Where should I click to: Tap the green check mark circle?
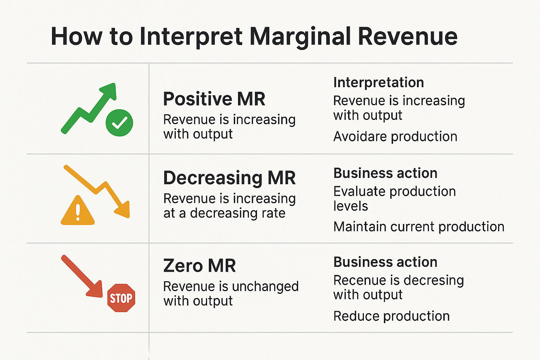120,123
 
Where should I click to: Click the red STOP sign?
121,298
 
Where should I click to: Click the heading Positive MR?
214,99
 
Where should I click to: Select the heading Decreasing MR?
229,178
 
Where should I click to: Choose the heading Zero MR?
199,266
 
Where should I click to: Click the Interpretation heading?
378,83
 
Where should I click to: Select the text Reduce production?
391,316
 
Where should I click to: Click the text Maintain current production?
419,227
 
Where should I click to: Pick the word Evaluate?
359,192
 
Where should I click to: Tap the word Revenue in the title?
408,37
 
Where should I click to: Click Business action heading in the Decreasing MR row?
385,173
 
